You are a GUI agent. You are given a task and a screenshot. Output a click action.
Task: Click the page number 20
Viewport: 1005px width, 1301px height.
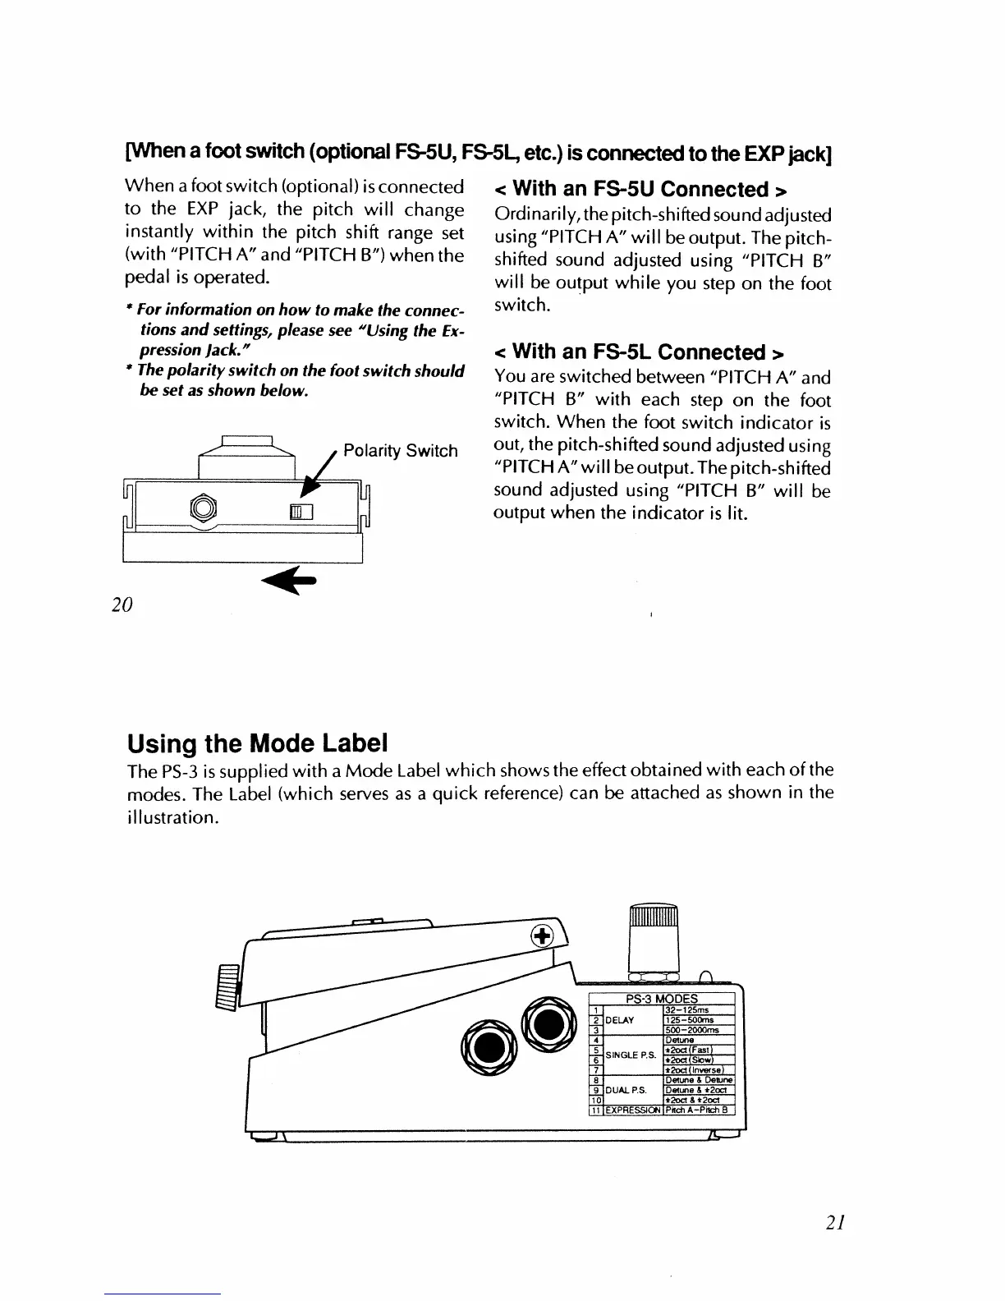(122, 605)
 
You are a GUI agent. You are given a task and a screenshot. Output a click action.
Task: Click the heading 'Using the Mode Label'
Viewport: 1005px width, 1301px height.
(257, 744)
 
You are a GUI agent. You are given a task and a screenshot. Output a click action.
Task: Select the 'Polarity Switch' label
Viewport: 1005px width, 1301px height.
(400, 451)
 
